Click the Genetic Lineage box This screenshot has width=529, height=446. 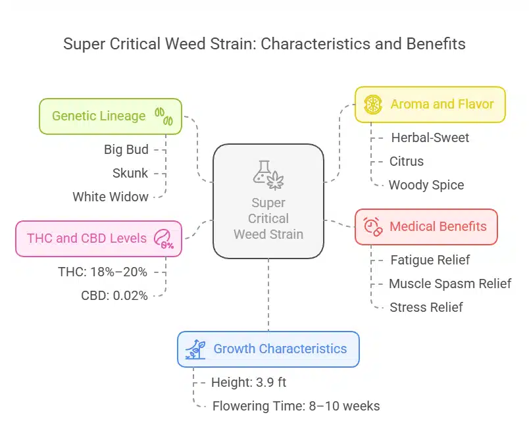pos(110,116)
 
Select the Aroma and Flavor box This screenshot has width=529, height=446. pos(430,105)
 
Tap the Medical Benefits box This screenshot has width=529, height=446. pos(426,227)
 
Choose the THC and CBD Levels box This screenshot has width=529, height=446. pos(98,238)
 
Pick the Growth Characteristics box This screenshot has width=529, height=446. pos(268,349)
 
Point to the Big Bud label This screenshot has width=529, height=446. pos(126,149)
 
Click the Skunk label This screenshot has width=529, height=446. pos(130,173)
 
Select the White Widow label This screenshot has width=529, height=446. pos(110,197)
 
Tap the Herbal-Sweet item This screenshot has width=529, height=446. pos(430,137)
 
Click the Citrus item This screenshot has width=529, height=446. pos(406,161)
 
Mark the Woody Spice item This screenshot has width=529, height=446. pos(426,185)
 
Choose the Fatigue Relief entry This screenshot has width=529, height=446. pos(430,260)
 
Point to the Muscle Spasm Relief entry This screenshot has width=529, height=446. pos(450,284)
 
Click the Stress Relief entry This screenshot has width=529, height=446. pos(426,307)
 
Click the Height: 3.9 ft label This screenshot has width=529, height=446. pos(249,382)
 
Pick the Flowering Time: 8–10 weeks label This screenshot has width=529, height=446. pos(296,406)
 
